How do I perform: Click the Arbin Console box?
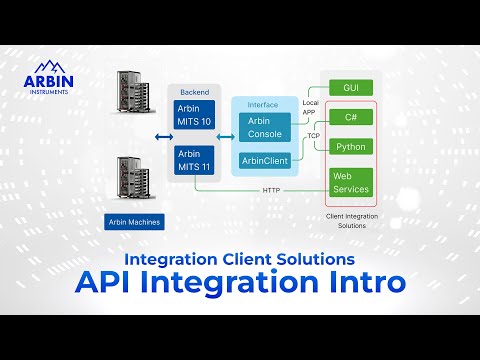point(265,127)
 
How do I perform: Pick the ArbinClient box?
point(265,160)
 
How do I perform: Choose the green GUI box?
point(350,88)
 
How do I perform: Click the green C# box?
point(351,117)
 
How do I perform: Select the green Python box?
point(351,146)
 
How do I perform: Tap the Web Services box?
point(351,182)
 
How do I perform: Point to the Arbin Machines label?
point(133,221)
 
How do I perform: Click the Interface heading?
point(262,103)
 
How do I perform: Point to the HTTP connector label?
point(271,190)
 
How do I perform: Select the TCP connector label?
point(313,135)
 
